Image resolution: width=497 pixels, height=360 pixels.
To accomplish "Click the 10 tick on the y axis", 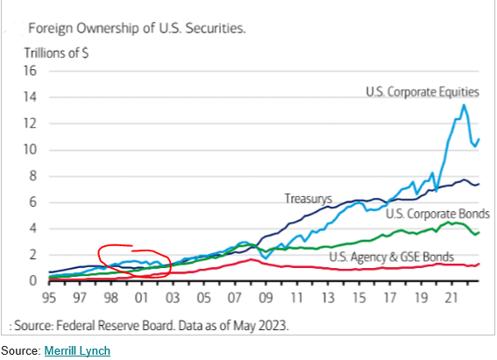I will [29, 150].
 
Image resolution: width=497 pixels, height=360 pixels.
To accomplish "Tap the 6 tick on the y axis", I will [31, 202].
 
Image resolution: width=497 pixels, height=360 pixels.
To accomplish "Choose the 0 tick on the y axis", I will [31, 281].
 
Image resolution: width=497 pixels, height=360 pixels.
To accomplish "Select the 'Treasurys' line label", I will [306, 199].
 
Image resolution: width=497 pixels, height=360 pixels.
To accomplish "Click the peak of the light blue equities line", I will [464, 106].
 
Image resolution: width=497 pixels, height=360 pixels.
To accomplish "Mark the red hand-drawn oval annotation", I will [131, 260].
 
